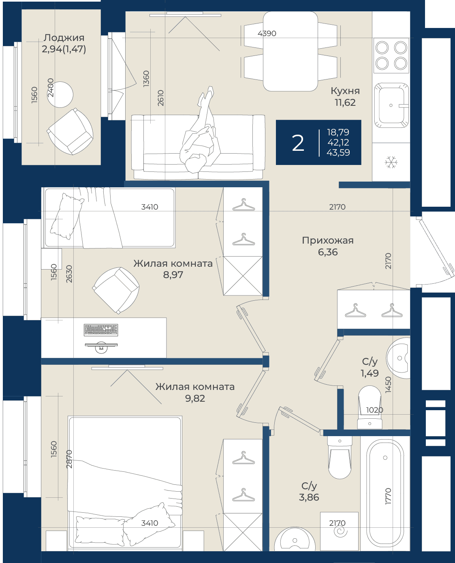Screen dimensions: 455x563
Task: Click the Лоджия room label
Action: point(64,38)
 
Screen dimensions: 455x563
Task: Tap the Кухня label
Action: point(345,91)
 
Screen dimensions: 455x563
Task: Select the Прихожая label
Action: point(328,240)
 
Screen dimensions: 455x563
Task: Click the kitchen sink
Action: point(391,105)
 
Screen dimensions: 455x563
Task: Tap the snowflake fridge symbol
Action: point(391,162)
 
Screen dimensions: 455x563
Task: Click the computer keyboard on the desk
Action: point(101,330)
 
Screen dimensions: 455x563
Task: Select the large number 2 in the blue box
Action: point(298,143)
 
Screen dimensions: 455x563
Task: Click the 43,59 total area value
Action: point(338,152)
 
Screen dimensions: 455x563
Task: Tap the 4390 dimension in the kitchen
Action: point(267,34)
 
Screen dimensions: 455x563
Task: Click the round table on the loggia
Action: point(60,94)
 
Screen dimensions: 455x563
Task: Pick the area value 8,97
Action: point(173,275)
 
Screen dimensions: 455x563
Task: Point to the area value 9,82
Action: point(195,398)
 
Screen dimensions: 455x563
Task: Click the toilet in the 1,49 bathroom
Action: point(370,407)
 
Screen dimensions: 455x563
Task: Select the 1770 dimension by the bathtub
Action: point(388,497)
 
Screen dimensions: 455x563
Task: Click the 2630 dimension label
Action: point(69,274)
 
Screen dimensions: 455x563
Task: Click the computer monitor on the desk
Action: point(101,347)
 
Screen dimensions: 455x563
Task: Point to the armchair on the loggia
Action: point(70,131)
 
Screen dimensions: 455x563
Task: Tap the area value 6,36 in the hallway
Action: point(328,252)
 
